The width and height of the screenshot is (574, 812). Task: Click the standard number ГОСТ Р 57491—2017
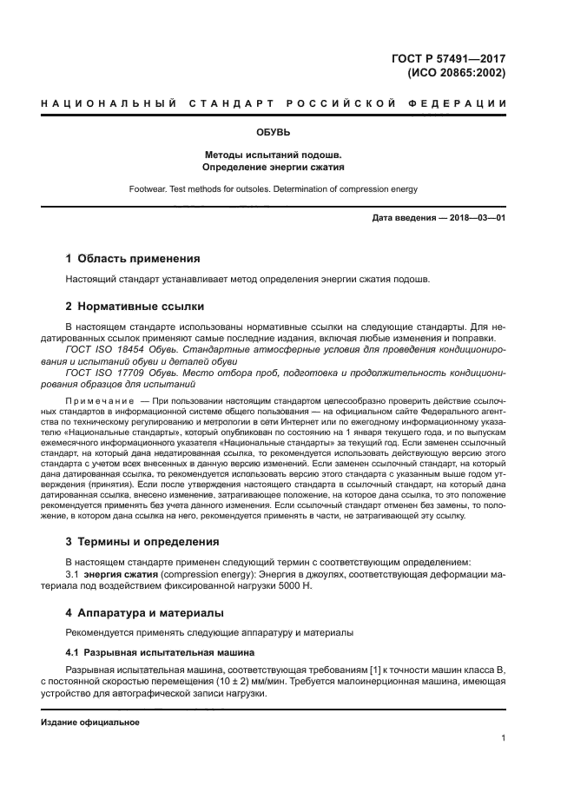tap(449, 59)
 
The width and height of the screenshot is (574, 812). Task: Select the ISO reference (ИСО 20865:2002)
tap(456, 73)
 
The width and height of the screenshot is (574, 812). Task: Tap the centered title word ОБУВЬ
tap(274, 133)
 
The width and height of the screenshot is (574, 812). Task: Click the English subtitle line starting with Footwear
tap(274, 188)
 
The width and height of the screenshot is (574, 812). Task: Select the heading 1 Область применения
tap(134, 259)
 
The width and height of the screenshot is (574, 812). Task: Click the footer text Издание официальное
tap(90, 723)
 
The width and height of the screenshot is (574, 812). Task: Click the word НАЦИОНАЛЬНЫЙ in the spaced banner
tap(99, 104)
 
